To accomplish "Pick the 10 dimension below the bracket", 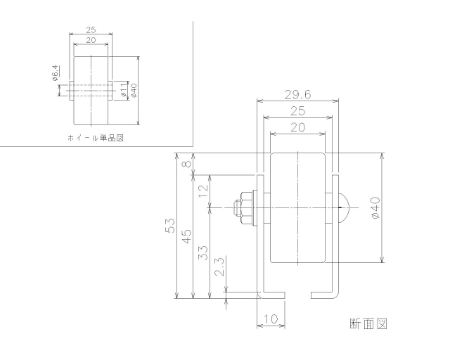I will [270, 319].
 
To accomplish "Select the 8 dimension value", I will [187, 165].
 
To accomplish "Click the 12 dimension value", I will [204, 190].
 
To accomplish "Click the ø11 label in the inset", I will [123, 89].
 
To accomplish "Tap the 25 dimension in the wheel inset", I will [90, 30].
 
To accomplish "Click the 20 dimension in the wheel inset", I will [90, 40].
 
